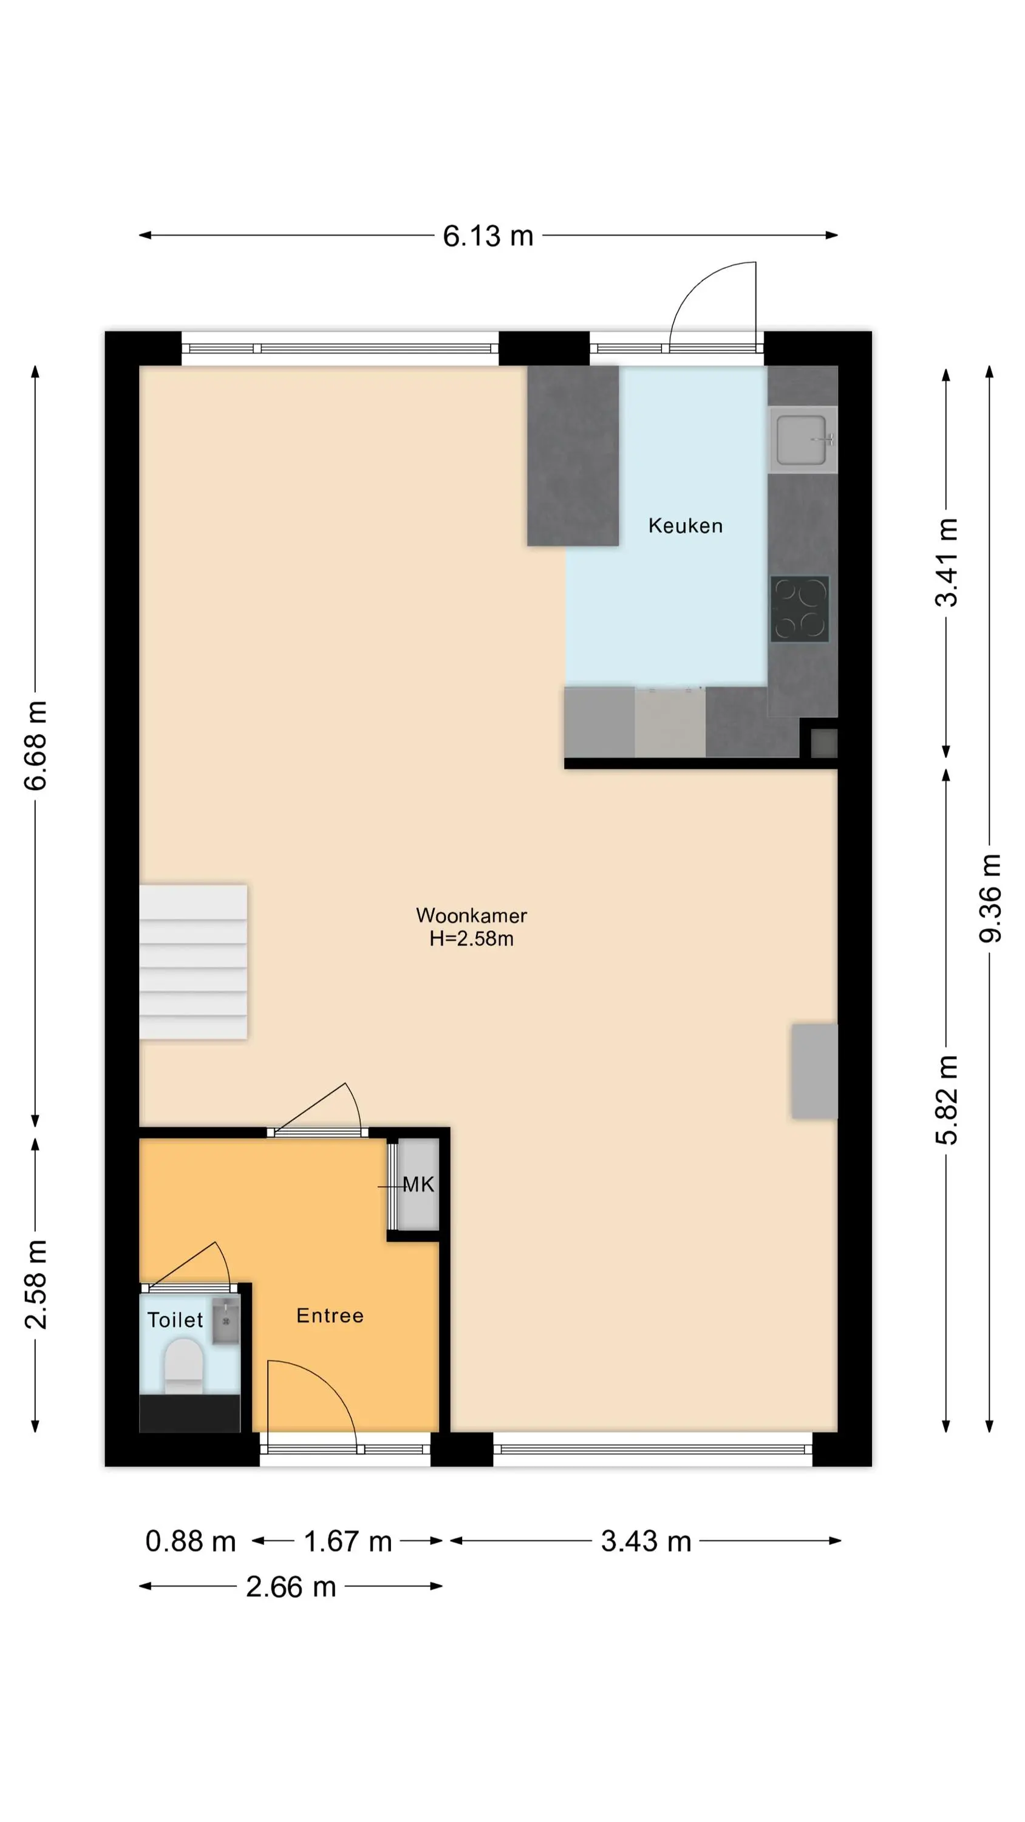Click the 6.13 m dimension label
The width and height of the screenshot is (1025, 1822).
[x=488, y=236]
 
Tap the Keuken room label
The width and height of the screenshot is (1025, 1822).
[x=686, y=525]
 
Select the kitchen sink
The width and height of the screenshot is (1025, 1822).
[x=803, y=439]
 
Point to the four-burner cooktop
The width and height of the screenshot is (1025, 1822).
[x=799, y=609]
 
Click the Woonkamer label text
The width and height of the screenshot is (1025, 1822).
[x=471, y=915]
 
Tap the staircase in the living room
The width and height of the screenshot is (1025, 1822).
[x=193, y=962]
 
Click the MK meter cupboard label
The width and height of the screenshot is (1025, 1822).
[x=418, y=1185]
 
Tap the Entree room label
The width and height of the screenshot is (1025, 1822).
[x=330, y=1315]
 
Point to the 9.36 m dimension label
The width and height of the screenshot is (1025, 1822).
[x=990, y=898]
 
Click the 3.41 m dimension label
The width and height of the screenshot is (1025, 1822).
[x=947, y=562]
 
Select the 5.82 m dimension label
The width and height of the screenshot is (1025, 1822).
[x=947, y=1100]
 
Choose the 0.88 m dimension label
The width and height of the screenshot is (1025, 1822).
[x=190, y=1542]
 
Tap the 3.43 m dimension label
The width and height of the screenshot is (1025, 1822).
[x=646, y=1542]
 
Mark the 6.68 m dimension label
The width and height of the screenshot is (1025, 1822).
[x=35, y=745]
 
